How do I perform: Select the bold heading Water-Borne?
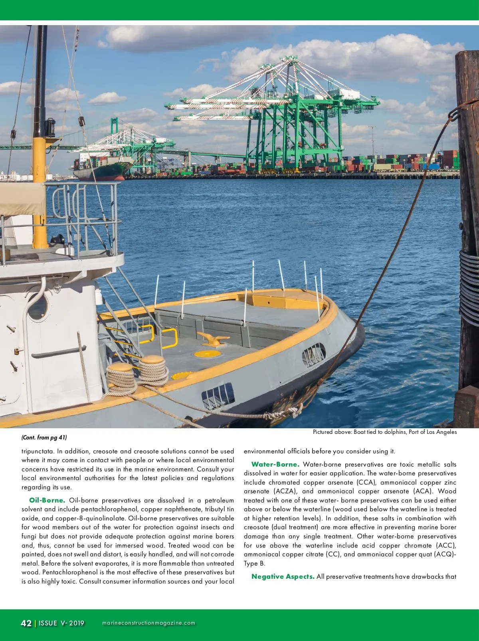point(275,465)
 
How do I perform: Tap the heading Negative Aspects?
point(283,577)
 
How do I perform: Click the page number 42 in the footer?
point(26,623)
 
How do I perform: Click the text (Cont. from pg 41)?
point(44,437)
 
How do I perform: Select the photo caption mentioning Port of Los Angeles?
point(384,432)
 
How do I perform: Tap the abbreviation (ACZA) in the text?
point(285,491)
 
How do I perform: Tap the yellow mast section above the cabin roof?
point(40,192)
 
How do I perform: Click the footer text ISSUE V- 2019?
point(61,623)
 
